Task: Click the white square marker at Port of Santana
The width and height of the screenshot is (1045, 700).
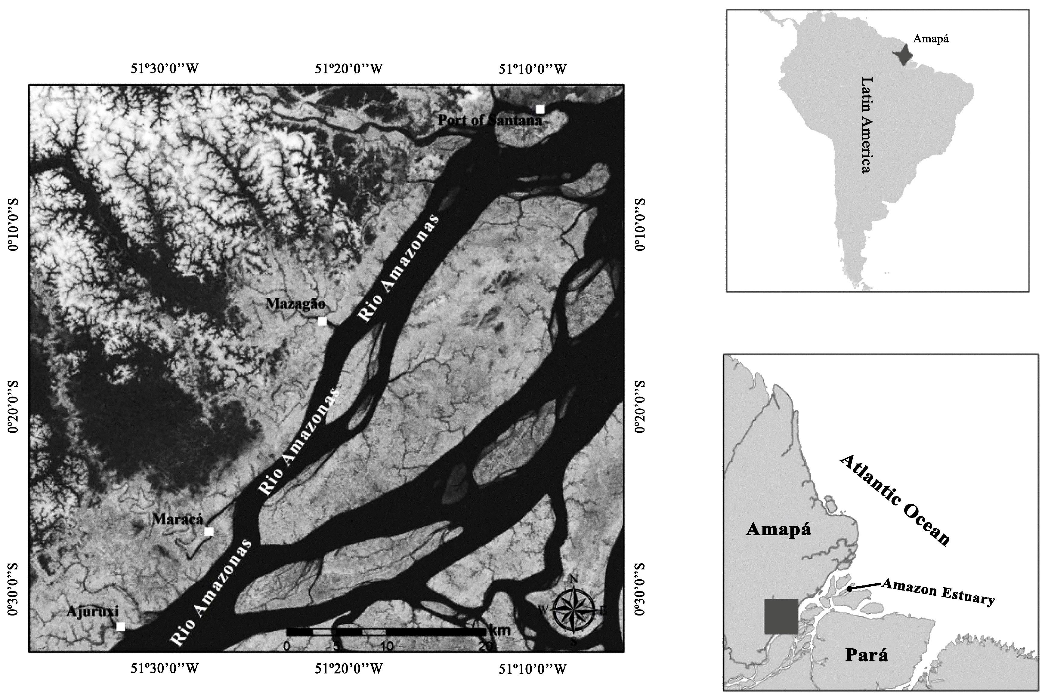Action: coord(540,109)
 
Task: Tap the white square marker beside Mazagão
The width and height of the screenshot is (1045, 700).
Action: coord(322,321)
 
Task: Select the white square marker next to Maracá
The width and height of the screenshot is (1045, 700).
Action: coord(209,531)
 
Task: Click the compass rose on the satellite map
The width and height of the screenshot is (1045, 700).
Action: coord(574,610)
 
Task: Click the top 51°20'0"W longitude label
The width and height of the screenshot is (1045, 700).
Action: coord(349,69)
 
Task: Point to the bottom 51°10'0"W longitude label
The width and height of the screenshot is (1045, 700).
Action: coord(533,668)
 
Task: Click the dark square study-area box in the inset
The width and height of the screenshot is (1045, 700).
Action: coord(781,616)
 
